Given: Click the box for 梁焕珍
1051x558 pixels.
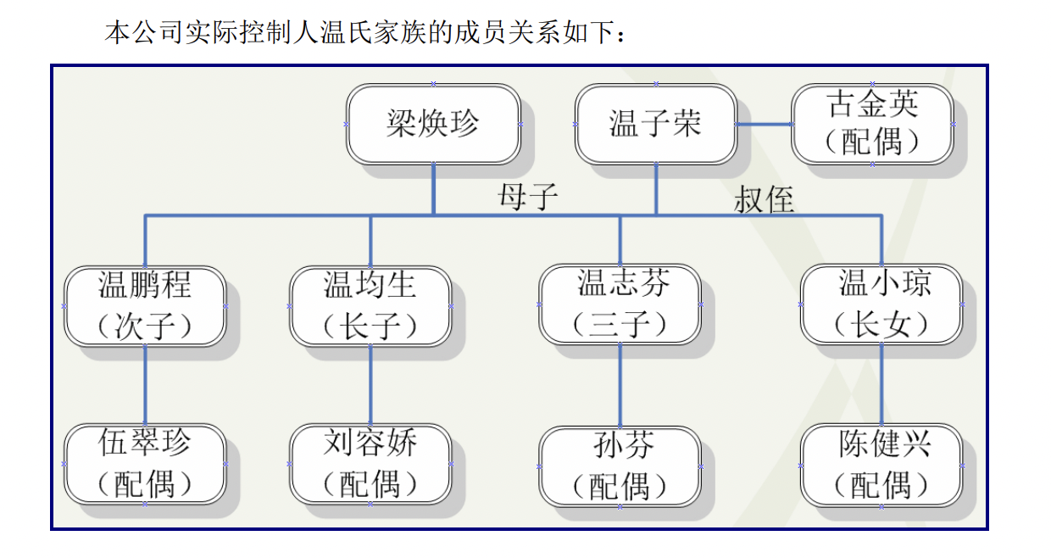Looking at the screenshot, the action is point(434,125).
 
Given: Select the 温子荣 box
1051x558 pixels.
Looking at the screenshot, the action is point(656,125).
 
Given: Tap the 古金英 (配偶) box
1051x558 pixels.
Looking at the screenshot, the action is point(872,125).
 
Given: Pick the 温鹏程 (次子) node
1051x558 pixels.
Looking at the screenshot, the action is point(145,306).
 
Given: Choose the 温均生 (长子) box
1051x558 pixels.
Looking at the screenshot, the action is point(370,306).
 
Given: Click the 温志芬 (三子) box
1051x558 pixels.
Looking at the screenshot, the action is point(620,304).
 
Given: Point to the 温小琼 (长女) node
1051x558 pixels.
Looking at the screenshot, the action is point(881,304).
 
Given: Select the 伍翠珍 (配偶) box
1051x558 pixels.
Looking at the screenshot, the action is point(145,464).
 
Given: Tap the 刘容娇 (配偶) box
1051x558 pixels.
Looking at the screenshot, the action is point(370,464).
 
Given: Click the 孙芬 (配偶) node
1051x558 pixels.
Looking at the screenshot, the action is point(620,467).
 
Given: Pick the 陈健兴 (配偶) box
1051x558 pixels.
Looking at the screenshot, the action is point(881,466).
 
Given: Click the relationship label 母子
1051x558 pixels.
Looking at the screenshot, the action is point(528,197).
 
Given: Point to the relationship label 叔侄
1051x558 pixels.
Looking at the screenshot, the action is point(764,199).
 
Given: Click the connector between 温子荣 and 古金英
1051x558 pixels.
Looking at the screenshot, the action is point(765,125).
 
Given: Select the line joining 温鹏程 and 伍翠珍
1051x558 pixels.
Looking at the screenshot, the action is point(145,385).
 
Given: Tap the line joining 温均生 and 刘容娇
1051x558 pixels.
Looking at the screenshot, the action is point(370,385).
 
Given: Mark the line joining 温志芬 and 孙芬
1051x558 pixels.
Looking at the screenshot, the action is point(620,386).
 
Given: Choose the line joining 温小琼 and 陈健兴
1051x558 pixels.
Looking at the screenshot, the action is point(881,385).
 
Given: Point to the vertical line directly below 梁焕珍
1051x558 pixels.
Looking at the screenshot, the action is point(434,190).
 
